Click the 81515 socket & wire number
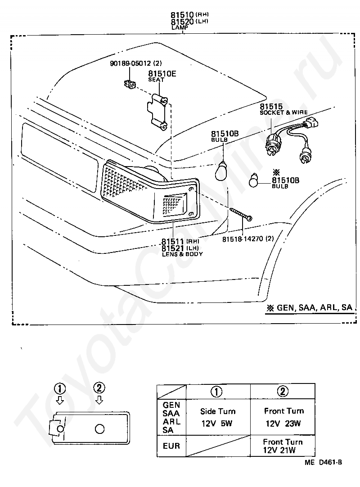point(271,107)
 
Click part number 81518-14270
point(243,239)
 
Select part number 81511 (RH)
point(173,241)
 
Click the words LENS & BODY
point(182,254)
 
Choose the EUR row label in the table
point(171,446)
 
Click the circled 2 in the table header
point(283,391)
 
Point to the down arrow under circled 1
point(60,399)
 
